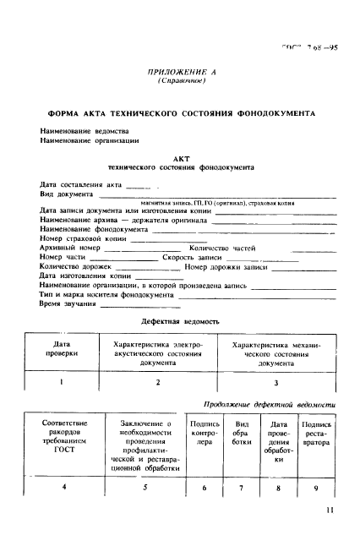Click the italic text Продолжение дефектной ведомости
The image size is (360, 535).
(x=270, y=406)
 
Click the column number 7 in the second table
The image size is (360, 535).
(x=241, y=488)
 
